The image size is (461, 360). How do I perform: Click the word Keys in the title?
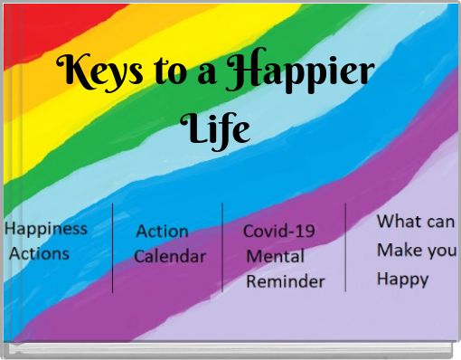pyautogui.click(x=97, y=71)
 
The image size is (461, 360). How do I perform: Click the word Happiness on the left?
pyautogui.click(x=46, y=229)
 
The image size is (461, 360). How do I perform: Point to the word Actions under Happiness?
pyautogui.click(x=39, y=253)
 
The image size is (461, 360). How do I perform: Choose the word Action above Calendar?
pyautogui.click(x=162, y=232)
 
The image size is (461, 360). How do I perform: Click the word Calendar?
pyautogui.click(x=170, y=256)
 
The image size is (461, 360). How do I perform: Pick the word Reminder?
pyautogui.click(x=285, y=281)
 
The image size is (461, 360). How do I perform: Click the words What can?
pyautogui.click(x=416, y=222)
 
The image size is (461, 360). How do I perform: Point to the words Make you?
pyautogui.click(x=416, y=250)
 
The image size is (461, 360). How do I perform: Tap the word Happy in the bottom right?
pyautogui.click(x=402, y=279)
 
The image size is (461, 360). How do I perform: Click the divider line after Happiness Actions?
pyautogui.click(x=113, y=248)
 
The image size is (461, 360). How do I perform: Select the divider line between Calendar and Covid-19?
pyautogui.click(x=222, y=247)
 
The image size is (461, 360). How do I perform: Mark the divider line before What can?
pyautogui.click(x=345, y=247)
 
